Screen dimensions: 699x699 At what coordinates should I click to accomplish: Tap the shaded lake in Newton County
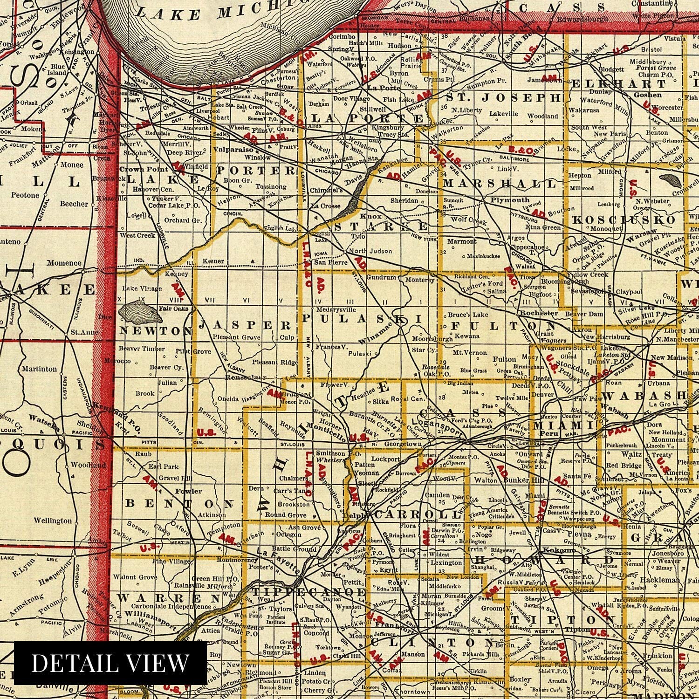point(141,312)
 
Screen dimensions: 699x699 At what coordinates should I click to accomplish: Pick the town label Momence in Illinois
point(64,262)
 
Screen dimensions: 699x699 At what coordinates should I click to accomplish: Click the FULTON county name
point(503,326)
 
